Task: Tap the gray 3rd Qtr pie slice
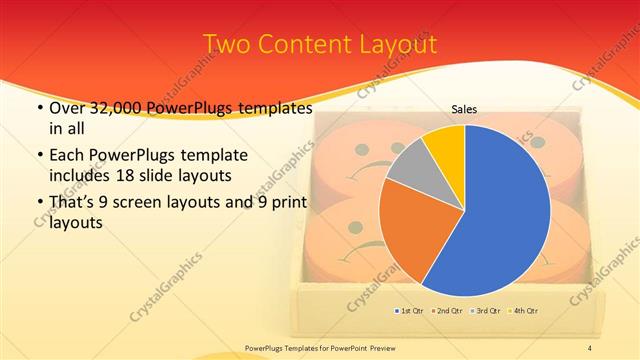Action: [x=409, y=176]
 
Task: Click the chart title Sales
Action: [x=464, y=109]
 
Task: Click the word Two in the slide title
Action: [x=226, y=45]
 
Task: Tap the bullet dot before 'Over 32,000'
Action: [x=38, y=109]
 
